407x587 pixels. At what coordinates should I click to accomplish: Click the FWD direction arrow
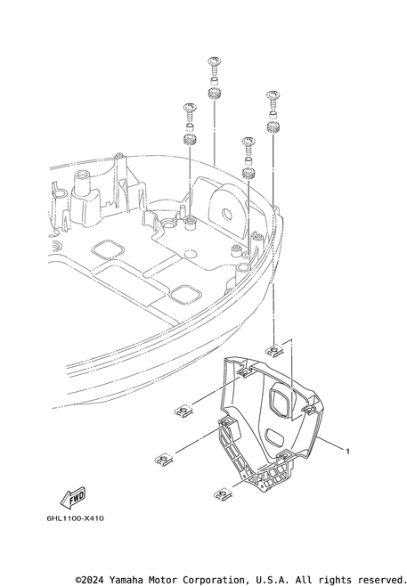click(x=73, y=497)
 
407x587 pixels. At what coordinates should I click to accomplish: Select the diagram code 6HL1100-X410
click(x=76, y=518)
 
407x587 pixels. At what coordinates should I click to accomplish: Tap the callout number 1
click(x=347, y=451)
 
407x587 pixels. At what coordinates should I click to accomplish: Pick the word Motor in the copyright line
click(x=162, y=580)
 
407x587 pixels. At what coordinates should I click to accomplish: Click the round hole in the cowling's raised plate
click(x=228, y=214)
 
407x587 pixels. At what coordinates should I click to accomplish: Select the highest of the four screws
click(x=214, y=66)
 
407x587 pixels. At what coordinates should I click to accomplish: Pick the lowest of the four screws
click(x=248, y=146)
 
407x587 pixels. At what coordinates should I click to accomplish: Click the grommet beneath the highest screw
click(x=214, y=94)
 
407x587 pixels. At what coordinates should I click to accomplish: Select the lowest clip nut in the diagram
click(x=223, y=494)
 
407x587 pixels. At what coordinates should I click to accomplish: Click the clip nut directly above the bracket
click(x=275, y=350)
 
